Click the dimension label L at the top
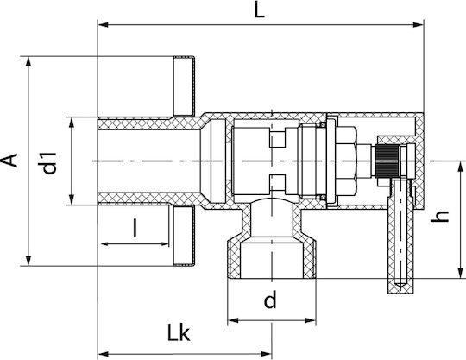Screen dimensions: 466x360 click(x=260, y=11)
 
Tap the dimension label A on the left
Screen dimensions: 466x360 click(x=9, y=161)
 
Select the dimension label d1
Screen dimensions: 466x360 click(x=49, y=163)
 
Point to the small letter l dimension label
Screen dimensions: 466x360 click(x=135, y=227)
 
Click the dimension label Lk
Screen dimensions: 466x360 click(x=179, y=332)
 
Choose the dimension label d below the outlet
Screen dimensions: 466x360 click(x=270, y=300)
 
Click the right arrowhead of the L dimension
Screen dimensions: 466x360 click(x=419, y=25)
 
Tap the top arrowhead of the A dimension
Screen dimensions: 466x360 click(x=28, y=62)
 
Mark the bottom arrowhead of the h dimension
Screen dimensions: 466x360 click(x=460, y=273)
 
